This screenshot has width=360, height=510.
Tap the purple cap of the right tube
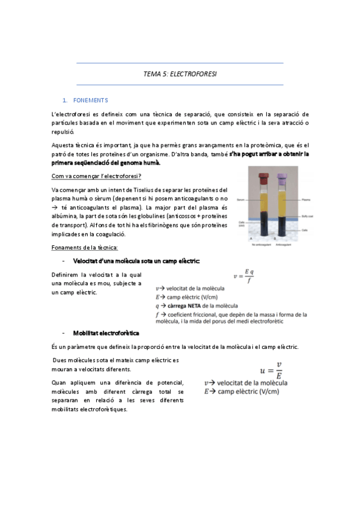(282, 178)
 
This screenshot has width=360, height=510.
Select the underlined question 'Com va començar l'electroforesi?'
(97, 176)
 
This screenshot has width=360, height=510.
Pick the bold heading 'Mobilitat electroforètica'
(106, 333)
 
